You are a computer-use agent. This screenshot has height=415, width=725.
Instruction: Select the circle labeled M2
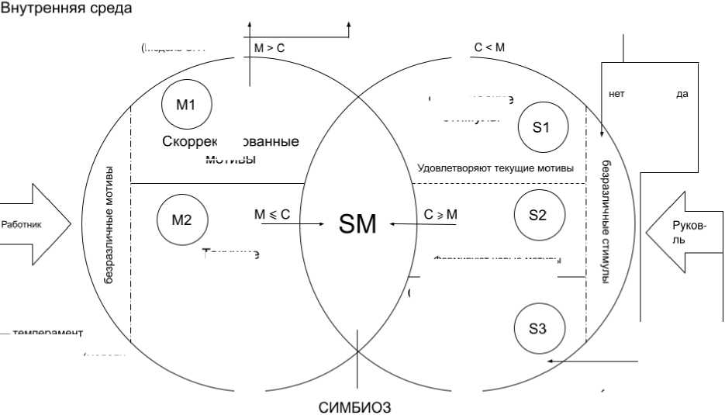coord(181,219)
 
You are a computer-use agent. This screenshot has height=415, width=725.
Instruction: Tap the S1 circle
coord(541,127)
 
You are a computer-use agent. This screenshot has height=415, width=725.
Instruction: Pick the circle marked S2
coord(537,215)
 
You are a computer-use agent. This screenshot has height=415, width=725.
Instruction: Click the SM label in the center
coord(357,224)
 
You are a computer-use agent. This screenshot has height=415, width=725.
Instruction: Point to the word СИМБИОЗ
coord(355,407)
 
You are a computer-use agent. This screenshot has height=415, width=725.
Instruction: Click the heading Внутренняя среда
coord(67,9)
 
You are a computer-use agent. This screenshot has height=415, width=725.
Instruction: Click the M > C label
coord(269,48)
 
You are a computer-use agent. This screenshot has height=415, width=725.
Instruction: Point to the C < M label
coord(489,48)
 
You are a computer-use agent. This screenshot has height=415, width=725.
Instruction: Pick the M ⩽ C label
coord(271,215)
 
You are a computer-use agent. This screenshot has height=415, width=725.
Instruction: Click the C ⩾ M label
coord(440,215)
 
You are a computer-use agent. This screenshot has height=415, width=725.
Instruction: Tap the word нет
coord(616,94)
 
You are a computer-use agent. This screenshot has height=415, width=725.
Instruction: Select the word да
coord(682,94)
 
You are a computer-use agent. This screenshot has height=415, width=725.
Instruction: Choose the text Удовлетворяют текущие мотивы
coord(495,168)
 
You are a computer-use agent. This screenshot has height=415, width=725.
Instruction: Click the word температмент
coord(47,333)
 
